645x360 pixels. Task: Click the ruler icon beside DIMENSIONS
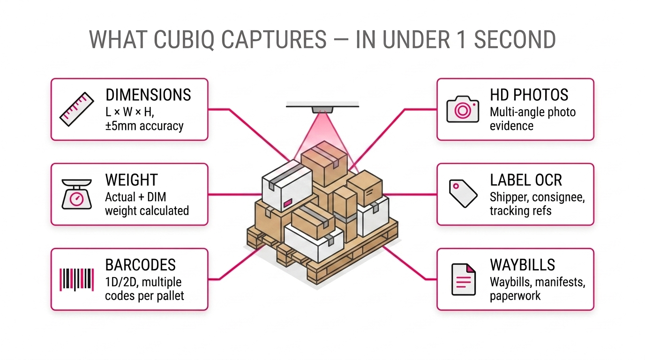(77, 109)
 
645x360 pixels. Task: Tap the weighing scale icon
(77, 194)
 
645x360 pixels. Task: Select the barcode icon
(77, 279)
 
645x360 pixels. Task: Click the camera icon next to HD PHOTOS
(463, 109)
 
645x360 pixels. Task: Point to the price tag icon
(463, 193)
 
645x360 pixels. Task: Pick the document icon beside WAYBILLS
(463, 279)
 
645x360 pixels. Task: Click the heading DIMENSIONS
(148, 95)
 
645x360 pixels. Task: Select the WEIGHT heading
(131, 180)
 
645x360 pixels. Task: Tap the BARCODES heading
(140, 265)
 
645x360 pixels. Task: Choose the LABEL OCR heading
(526, 180)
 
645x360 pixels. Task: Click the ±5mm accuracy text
(144, 126)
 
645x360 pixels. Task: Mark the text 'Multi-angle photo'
(532, 112)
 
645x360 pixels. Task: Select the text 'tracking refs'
(520, 211)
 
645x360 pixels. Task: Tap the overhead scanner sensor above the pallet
(322, 109)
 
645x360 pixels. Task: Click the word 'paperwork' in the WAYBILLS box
(515, 296)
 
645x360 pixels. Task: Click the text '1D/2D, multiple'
(143, 282)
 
